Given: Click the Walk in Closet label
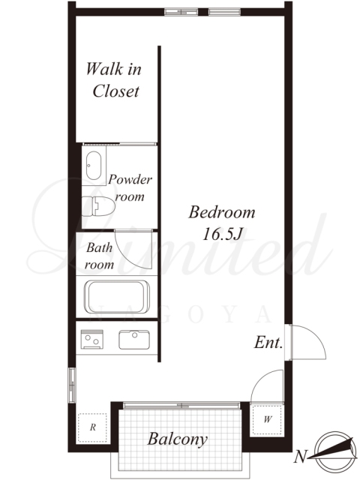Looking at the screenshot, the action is [x=113, y=80].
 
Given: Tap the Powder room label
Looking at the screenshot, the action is [x=130, y=187].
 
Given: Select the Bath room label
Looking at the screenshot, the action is [x=99, y=256].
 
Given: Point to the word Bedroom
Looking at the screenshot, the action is [x=222, y=212].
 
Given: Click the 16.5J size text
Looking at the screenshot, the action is [x=223, y=235].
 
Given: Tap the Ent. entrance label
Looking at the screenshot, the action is [x=268, y=342].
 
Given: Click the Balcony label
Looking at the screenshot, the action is [x=178, y=439].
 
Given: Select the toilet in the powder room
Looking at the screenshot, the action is [x=98, y=206].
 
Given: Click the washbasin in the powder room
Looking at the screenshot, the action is [x=94, y=166].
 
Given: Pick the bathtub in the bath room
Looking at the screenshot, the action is [x=117, y=297].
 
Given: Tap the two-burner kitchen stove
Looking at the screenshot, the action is [x=91, y=339].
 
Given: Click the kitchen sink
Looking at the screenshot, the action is [x=134, y=340].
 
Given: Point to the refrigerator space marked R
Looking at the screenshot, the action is [x=93, y=427].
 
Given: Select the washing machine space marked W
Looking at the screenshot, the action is [x=267, y=419].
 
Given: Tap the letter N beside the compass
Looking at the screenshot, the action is [x=300, y=457].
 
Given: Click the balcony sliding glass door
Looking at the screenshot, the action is [x=181, y=405].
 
